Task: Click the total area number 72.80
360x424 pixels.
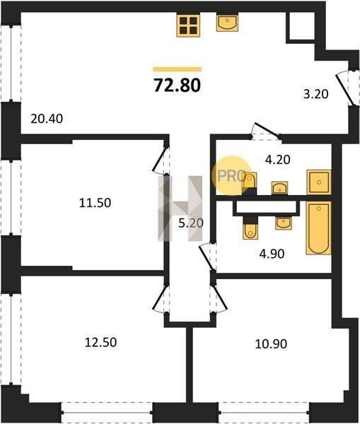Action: tap(178, 85)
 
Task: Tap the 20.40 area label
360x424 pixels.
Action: tap(47, 119)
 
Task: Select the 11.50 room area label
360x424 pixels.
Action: tap(95, 203)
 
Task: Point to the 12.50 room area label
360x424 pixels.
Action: tap(100, 342)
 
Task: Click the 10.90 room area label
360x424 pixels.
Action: tap(271, 344)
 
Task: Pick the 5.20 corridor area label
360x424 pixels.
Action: tap(191, 223)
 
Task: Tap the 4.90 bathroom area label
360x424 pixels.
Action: tap(272, 254)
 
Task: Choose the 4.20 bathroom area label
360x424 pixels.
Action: tap(278, 160)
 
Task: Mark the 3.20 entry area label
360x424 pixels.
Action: tap(315, 94)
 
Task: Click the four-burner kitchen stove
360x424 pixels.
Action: tap(188, 25)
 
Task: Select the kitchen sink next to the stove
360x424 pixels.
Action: tap(227, 23)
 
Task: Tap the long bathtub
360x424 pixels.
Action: tap(318, 228)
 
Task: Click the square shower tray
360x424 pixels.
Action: tap(319, 182)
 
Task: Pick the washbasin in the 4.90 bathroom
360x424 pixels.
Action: tap(284, 223)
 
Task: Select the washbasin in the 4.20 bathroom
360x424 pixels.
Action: tap(279, 188)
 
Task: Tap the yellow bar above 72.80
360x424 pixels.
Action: tap(178, 69)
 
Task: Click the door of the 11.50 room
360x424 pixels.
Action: tap(161, 160)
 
